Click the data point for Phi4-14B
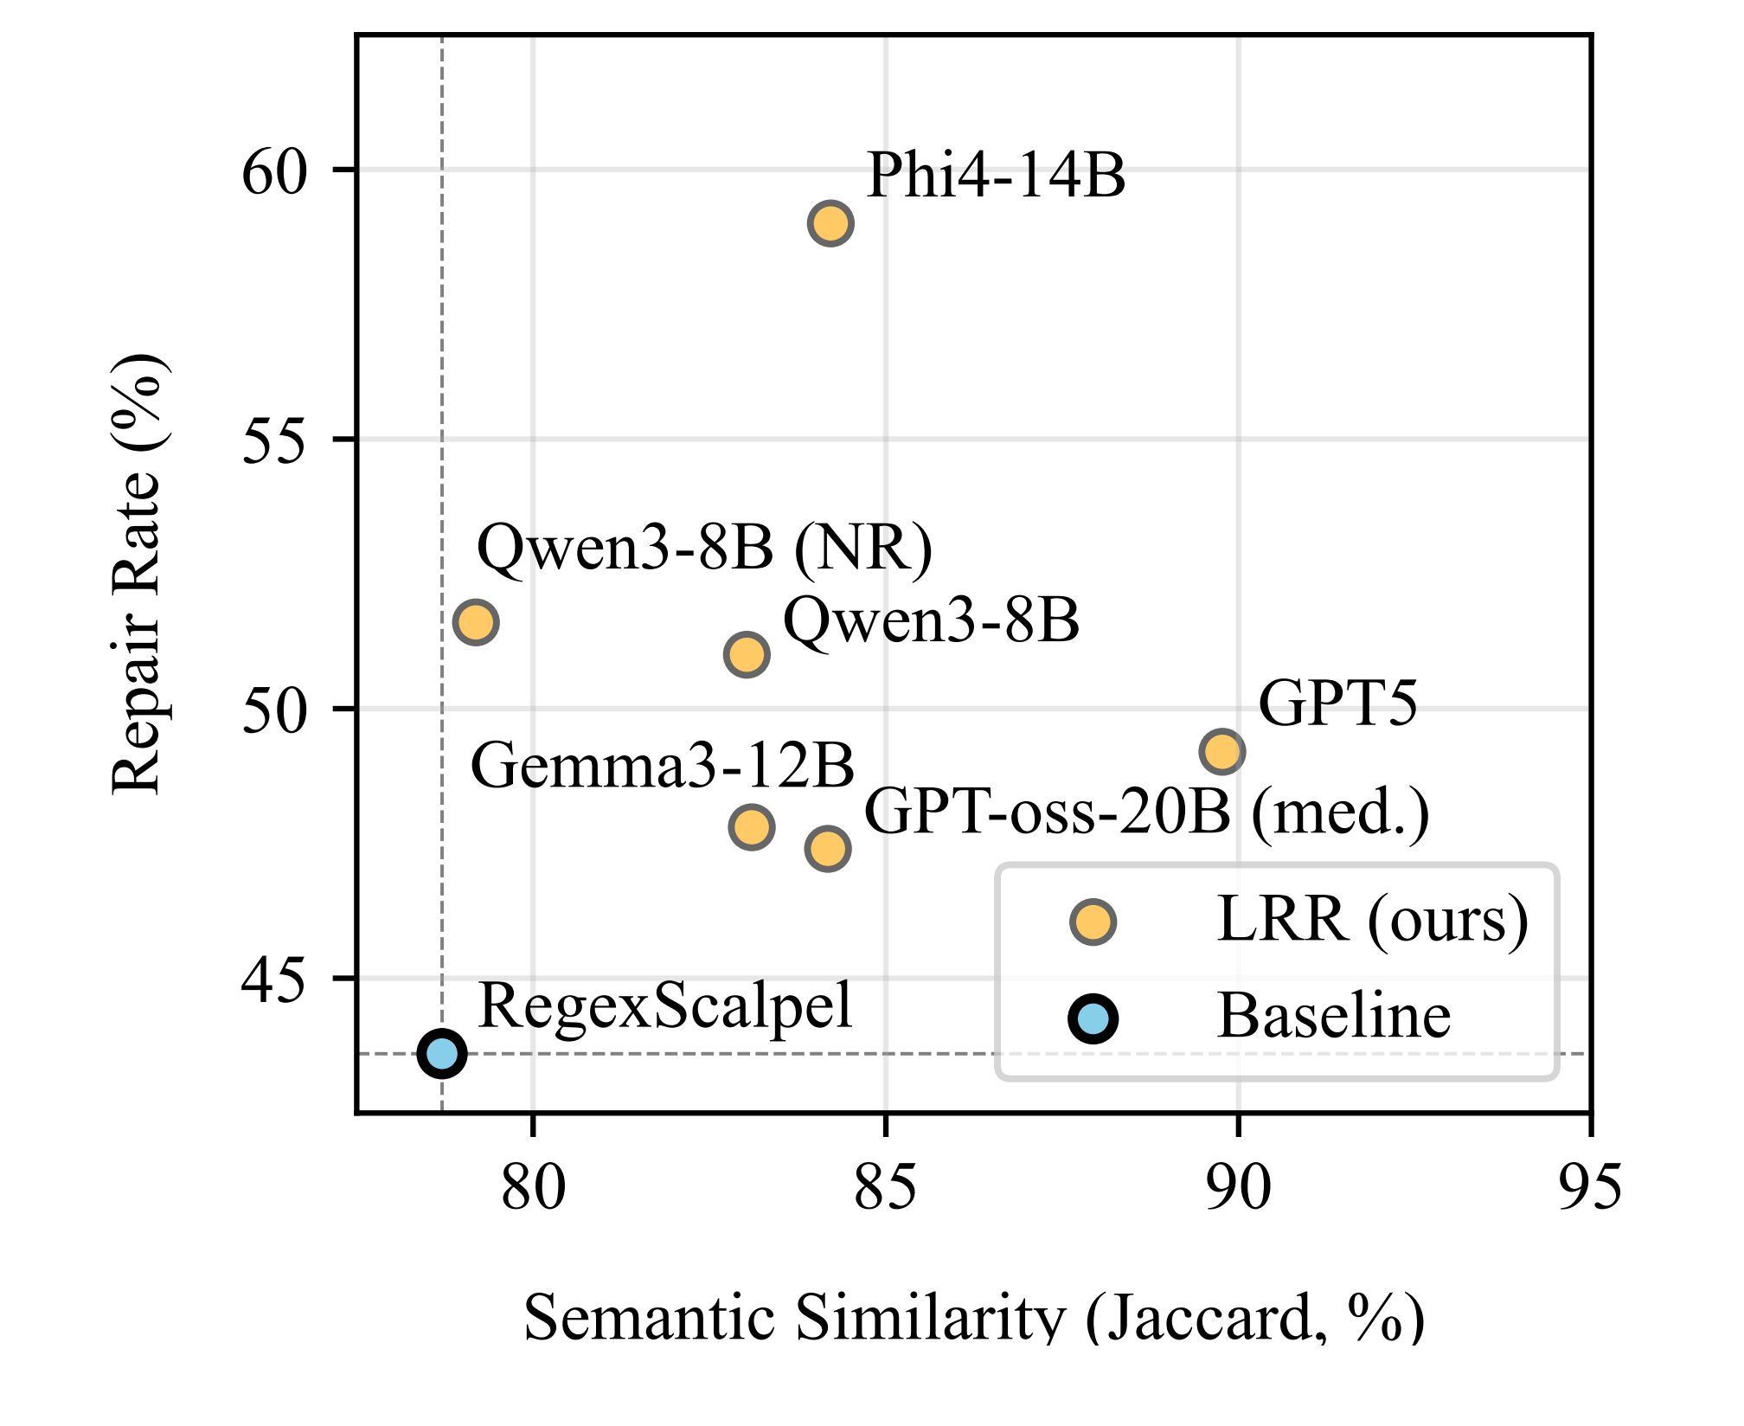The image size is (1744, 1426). [x=830, y=223]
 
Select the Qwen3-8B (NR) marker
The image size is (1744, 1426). [x=475, y=621]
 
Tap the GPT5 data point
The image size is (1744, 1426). [x=1221, y=751]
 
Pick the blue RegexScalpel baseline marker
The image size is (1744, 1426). [x=442, y=1053]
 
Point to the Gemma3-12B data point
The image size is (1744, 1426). [x=751, y=826]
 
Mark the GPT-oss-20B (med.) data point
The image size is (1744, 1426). [x=828, y=848]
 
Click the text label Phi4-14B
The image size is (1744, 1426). [x=996, y=176]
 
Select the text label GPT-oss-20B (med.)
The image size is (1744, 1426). [x=1146, y=813]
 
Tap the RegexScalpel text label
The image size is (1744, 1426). [x=664, y=1006]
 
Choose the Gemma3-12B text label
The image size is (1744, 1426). [x=662, y=767]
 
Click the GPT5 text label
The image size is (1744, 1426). [x=1337, y=703]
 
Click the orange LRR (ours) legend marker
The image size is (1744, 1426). [x=1093, y=922]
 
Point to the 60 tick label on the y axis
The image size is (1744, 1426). [x=274, y=172]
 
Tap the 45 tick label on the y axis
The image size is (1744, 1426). [x=274, y=981]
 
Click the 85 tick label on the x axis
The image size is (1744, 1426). [x=885, y=1188]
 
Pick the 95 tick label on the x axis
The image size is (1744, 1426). [x=1590, y=1188]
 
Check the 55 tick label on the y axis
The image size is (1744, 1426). [x=274, y=441]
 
